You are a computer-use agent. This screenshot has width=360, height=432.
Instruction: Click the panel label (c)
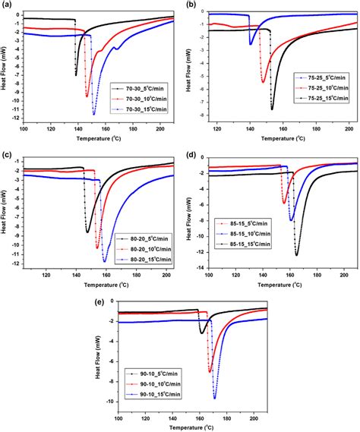click(x=6, y=155)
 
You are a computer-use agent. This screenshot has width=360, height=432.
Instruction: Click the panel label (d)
click(x=189, y=155)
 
